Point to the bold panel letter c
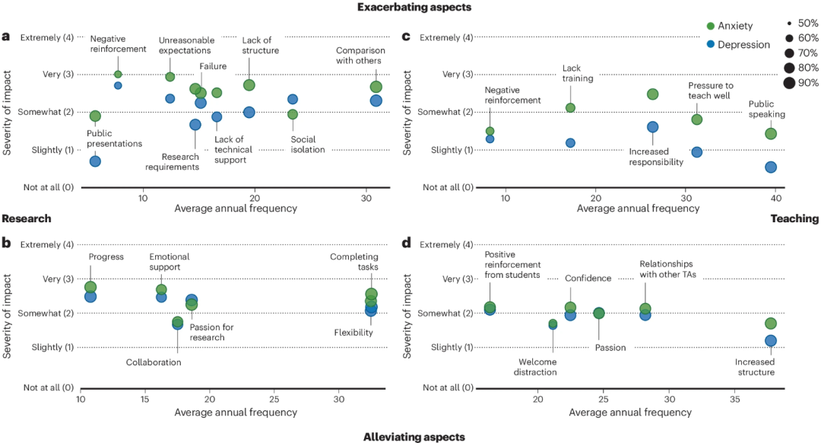[x=406, y=37]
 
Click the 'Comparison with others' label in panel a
[x=361, y=56]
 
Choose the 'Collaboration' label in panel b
[x=154, y=362]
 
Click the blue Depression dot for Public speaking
[x=771, y=167]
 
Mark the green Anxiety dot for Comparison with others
[x=376, y=87]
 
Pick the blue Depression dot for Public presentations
[x=95, y=161]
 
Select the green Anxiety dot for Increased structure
[x=770, y=323]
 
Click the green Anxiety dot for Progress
[x=90, y=287]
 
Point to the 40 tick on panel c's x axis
[x=776, y=196]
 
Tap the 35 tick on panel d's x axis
[x=734, y=399]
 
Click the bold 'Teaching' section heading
[x=794, y=218]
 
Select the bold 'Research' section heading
[x=26, y=218]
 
